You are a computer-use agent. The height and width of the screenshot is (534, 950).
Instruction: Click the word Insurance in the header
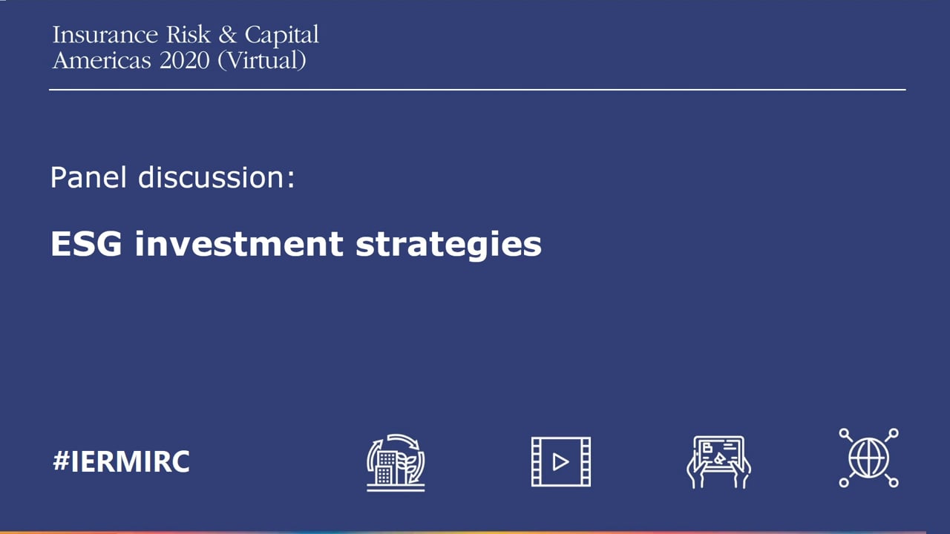(x=105, y=35)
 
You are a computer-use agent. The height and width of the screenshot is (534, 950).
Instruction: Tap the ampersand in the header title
(x=228, y=35)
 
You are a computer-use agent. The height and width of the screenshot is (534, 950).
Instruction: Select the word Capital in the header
(x=281, y=36)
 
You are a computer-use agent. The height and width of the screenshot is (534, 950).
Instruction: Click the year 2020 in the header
(x=185, y=61)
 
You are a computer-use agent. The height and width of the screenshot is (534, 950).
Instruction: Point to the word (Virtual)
(x=262, y=61)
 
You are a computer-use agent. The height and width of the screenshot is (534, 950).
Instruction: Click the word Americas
(x=102, y=61)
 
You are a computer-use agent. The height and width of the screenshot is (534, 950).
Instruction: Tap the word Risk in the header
(x=189, y=35)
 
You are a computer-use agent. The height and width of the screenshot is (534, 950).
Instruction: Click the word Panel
(x=88, y=177)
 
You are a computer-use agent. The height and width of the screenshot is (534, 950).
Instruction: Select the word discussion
(x=211, y=177)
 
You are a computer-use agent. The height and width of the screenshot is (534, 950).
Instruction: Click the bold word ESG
(x=86, y=244)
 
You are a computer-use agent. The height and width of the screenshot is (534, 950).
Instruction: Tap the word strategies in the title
(x=449, y=245)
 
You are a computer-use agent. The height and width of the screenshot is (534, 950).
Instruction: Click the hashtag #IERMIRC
(x=121, y=461)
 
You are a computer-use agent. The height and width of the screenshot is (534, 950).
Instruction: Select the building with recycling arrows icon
(x=396, y=462)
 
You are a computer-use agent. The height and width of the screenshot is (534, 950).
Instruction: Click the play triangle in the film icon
(x=560, y=462)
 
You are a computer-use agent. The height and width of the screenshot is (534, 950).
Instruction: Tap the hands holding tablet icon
(x=719, y=462)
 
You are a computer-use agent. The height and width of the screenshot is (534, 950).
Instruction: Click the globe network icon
(x=868, y=458)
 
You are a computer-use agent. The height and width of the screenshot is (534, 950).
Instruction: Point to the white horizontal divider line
(x=477, y=90)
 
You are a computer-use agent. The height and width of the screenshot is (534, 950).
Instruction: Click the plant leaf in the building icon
(x=410, y=467)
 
